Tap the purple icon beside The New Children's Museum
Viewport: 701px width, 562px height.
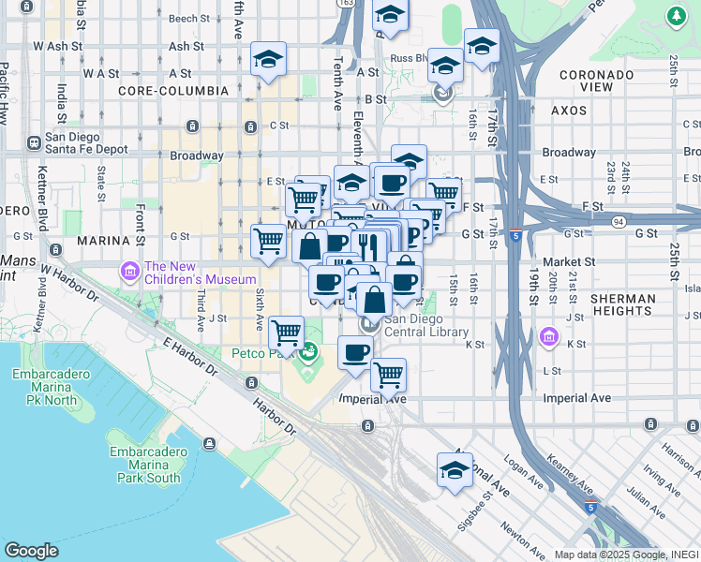tap(129, 272)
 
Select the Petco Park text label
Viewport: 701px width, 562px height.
tap(262, 353)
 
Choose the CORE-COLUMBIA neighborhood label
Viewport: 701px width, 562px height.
tap(173, 91)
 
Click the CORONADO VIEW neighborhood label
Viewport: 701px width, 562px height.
tap(597, 81)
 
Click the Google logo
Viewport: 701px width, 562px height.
tap(32, 550)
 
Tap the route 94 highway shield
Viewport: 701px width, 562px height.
tap(617, 222)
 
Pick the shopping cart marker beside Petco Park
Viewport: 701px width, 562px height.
tap(286, 333)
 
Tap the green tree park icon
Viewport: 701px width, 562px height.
tap(675, 16)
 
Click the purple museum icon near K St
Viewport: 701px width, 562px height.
tap(550, 336)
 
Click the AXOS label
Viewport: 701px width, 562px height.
tap(568, 111)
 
